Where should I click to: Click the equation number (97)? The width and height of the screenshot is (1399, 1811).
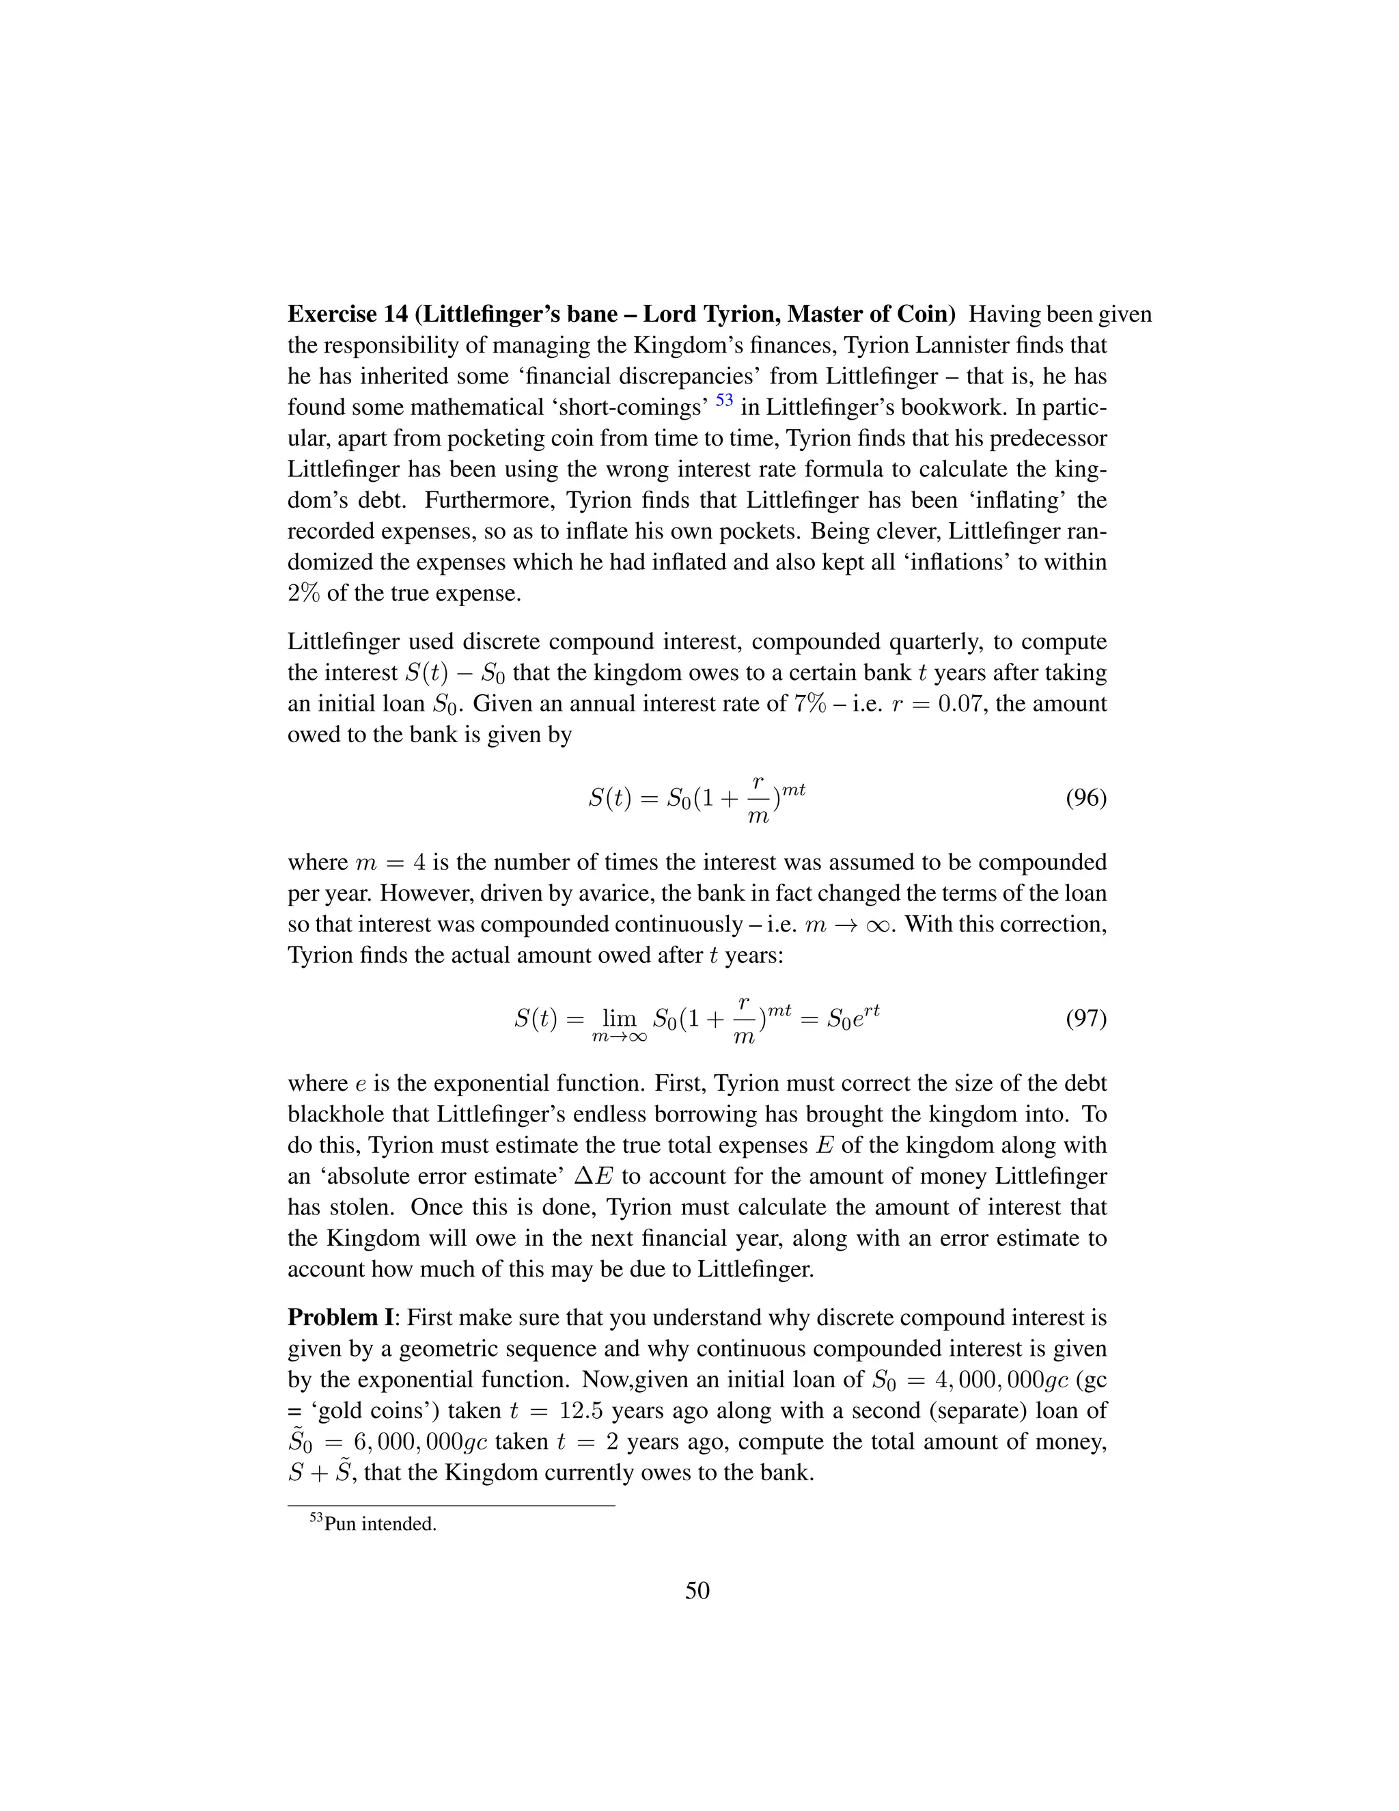1085,1018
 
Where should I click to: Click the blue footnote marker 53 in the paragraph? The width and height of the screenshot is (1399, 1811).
724,400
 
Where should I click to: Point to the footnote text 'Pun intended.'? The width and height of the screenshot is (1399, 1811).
380,1524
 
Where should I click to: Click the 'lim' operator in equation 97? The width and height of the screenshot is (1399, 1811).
618,1018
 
